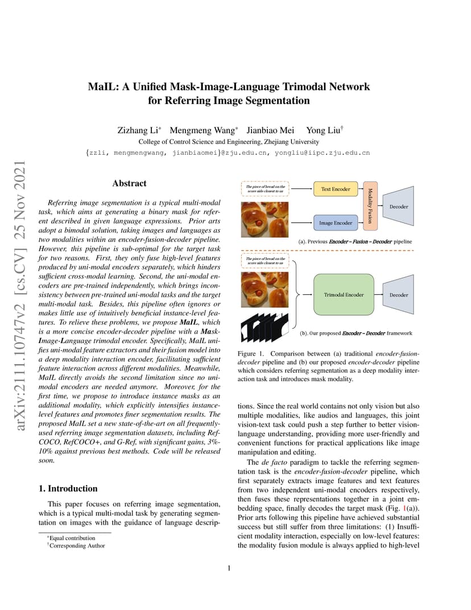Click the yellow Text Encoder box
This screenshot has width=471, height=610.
tap(335, 189)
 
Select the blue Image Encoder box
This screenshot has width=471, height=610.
tap(335, 223)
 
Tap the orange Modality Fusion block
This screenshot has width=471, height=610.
tap(370, 206)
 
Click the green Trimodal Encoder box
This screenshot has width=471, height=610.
tap(344, 295)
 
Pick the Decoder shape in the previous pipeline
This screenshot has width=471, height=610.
tap(398, 206)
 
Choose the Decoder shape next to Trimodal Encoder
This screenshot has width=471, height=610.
tap(398, 295)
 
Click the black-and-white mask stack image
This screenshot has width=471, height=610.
tap(265, 327)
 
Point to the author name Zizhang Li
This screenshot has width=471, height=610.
tap(138, 130)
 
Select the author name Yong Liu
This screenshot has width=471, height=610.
tap(324, 130)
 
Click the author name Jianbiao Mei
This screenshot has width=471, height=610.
tap(270, 130)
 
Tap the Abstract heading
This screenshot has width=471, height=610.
tap(130, 183)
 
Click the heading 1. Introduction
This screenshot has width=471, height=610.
tap(68, 489)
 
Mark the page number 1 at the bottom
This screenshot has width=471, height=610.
tap(229, 568)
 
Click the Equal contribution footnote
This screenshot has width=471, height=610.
tap(71, 538)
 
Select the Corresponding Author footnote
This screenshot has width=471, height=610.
tap(76, 546)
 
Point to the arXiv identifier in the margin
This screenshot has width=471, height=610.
tap(20, 295)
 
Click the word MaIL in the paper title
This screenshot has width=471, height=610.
tap(103, 86)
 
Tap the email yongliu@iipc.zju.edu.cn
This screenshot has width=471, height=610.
tap(322, 152)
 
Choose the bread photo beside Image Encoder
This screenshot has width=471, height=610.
tap(265, 220)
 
